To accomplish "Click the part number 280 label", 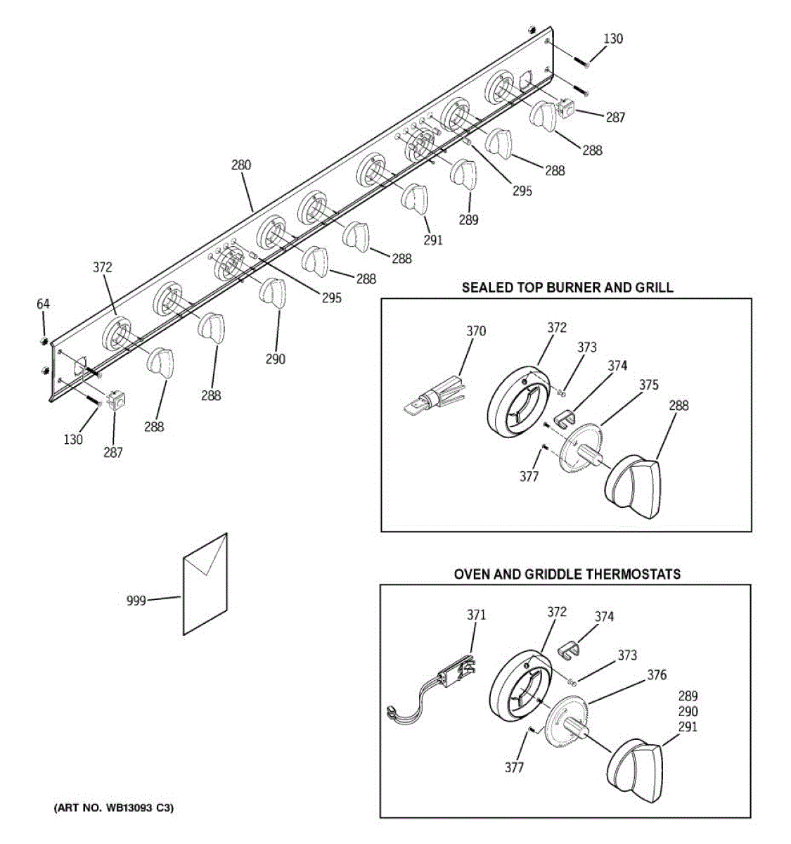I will coord(241,166).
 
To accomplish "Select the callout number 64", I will coord(44,305).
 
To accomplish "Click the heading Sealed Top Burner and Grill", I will coord(567,287).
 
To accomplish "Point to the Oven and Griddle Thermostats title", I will coord(567,574).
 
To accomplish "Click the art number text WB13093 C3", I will coord(114,808).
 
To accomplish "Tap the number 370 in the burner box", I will coord(476,331).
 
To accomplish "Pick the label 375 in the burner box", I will coord(649,385).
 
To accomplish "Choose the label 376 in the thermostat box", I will coord(657,675).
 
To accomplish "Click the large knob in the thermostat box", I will coord(635,769).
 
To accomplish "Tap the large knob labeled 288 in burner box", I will coord(632,484).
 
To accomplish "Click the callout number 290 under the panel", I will coord(276,359).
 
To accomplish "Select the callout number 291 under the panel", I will coord(434,240).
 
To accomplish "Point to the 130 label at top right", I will coord(613,39).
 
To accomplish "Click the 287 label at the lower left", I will coord(113,453).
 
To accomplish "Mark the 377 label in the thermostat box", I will coord(514,767).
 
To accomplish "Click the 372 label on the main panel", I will coord(103,267).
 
